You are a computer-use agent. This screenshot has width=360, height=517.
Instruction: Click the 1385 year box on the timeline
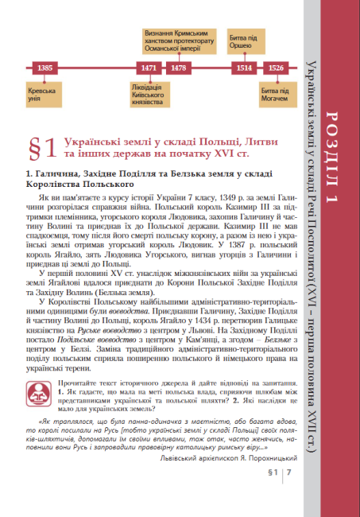(45, 68)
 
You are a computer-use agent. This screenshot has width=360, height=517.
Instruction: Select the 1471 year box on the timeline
(147, 68)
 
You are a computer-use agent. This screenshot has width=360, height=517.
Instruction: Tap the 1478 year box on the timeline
(178, 68)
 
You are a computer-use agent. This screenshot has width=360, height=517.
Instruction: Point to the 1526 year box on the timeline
(277, 68)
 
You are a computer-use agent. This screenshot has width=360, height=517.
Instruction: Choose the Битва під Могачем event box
(276, 92)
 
